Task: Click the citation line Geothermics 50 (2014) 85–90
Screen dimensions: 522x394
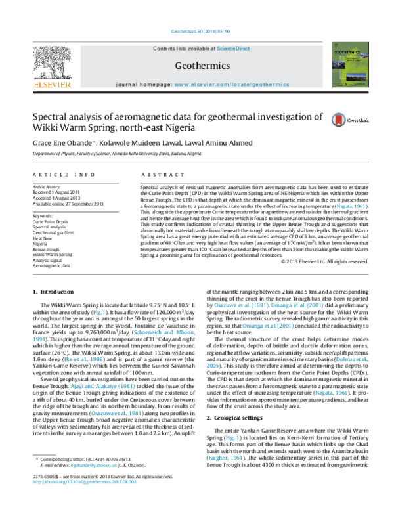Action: point(196,32)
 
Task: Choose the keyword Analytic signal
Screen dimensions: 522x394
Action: point(47,260)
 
